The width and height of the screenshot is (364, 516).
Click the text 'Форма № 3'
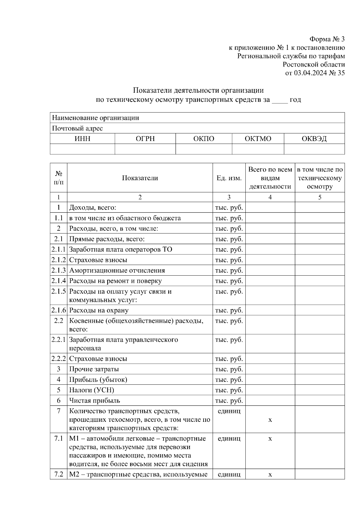pos(327,39)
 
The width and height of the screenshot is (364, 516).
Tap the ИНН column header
pos(82,139)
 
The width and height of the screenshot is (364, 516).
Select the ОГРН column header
pos(145,139)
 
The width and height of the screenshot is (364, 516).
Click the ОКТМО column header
pos(258,139)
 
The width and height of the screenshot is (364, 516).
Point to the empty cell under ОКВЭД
pos(314,149)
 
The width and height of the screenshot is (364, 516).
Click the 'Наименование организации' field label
pos(96,118)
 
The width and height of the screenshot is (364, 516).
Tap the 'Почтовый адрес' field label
pos(77,129)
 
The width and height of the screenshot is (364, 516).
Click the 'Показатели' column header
pos(140,178)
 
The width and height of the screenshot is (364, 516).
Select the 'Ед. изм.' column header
pos(229,178)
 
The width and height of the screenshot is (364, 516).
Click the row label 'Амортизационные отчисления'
pos(117,270)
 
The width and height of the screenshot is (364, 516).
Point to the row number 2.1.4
pos(59,281)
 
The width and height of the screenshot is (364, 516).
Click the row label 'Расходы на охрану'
pos(99,310)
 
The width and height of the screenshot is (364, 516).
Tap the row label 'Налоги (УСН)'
pos(92,390)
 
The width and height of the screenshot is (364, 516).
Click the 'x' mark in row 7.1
pos(270,439)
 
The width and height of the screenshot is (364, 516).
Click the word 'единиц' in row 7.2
pos(229,474)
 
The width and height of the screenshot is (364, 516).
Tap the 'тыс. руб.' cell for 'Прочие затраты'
pos(229,369)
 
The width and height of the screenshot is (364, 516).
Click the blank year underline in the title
pos(279,100)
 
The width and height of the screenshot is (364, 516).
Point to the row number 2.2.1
pos(59,340)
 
